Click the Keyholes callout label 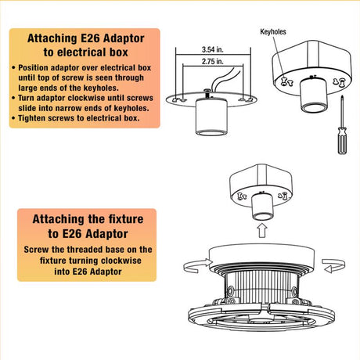[x=273, y=32]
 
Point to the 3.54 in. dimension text [x=213, y=49]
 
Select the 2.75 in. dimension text [x=213, y=61]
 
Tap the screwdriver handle [x=342, y=140]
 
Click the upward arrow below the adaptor [x=262, y=231]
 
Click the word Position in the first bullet [x=33, y=68]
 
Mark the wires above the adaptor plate [x=225, y=78]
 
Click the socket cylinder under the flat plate [x=211, y=117]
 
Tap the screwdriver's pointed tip [x=342, y=96]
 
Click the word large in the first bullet [x=27, y=88]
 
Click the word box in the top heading [x=119, y=52]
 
